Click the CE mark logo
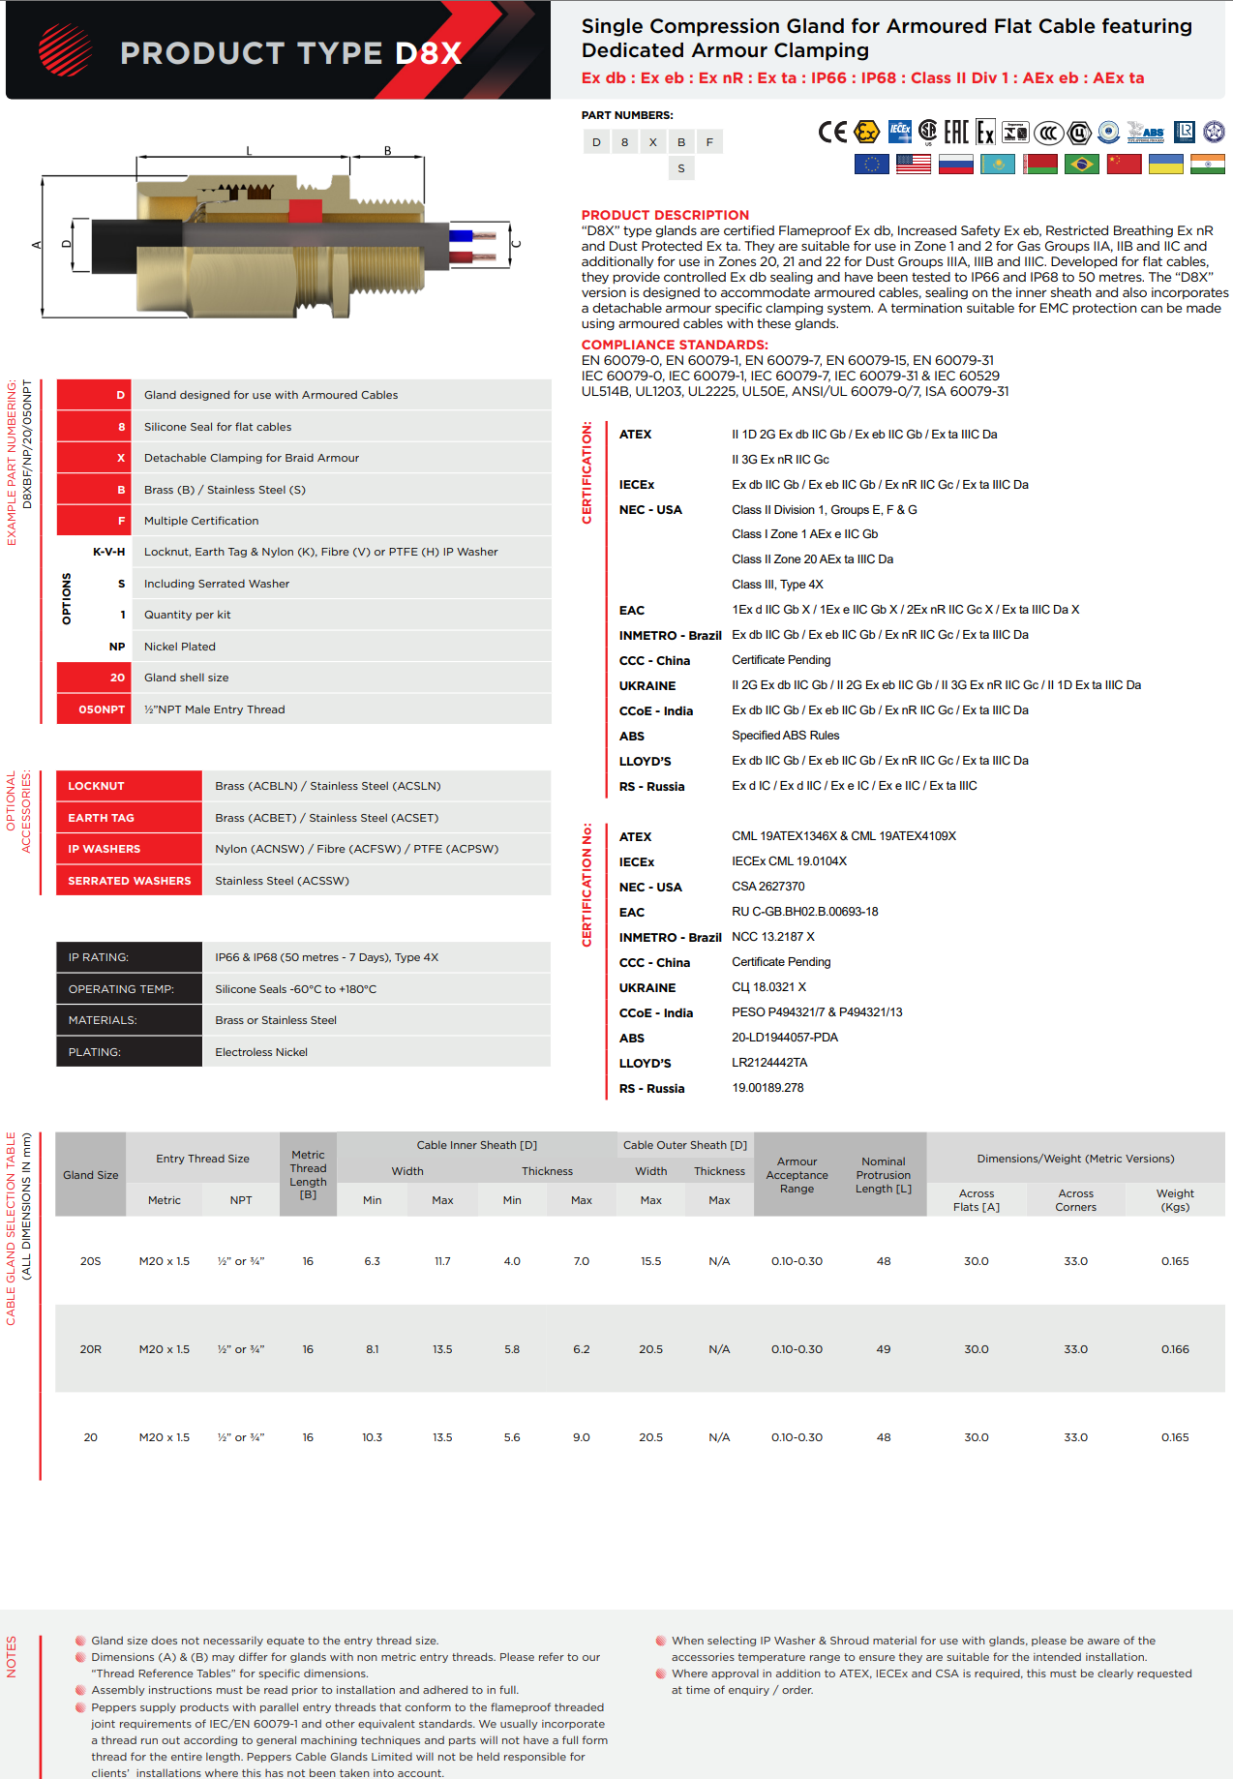pyautogui.click(x=831, y=133)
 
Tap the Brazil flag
pyautogui.click(x=1081, y=165)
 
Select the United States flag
pyautogui.click(x=914, y=165)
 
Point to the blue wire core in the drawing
pyautogui.click(x=461, y=235)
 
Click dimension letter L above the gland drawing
pyautogui.click(x=249, y=151)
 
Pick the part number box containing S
pyautogui.click(x=681, y=168)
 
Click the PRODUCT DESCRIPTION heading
pyautogui.click(x=665, y=215)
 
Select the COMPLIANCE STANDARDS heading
pyautogui.click(x=675, y=345)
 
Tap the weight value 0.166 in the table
pyautogui.click(x=1175, y=1349)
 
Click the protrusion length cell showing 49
pyautogui.click(x=884, y=1349)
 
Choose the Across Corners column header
pyautogui.click(x=1075, y=1200)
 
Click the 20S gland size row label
pyautogui.click(x=91, y=1261)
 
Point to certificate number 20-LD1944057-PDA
pyautogui.click(x=785, y=1038)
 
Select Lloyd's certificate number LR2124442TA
pyautogui.click(x=769, y=1063)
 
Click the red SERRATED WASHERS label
pyautogui.click(x=130, y=881)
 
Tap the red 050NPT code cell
pyautogui.click(x=102, y=709)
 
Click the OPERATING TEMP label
pyautogui.click(x=121, y=989)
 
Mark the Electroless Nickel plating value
pyautogui.click(x=261, y=1052)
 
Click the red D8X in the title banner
pyautogui.click(x=429, y=53)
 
